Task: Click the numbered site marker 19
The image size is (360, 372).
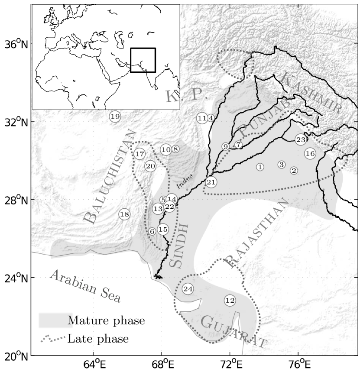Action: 115,116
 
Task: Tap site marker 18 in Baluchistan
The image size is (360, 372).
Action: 125,214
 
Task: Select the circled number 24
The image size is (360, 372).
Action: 188,289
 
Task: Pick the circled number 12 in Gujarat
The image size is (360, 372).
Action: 230,300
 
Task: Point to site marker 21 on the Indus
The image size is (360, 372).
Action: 211,182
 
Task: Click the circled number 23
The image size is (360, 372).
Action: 301,139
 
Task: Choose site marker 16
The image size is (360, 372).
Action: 310,153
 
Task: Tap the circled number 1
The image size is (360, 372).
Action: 260,167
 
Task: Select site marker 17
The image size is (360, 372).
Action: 139,154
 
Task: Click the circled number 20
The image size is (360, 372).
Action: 150,166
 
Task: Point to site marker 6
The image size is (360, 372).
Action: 152,232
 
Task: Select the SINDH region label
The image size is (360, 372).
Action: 178,246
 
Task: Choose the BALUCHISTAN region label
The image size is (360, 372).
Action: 109,178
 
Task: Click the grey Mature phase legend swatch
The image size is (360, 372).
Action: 55,320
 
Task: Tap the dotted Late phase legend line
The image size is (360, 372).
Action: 53,338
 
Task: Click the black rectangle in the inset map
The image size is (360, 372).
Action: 143,60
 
